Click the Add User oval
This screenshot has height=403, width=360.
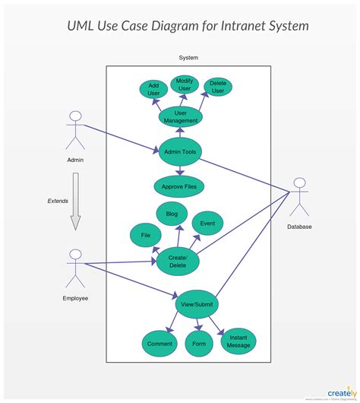[153, 89]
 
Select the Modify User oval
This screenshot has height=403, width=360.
[185, 84]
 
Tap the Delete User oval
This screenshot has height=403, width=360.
[217, 87]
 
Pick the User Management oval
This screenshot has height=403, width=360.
[181, 116]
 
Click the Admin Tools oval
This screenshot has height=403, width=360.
[180, 152]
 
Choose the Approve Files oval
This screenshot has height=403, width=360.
[179, 185]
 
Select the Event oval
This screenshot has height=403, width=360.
[207, 224]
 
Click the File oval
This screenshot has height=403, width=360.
[146, 236]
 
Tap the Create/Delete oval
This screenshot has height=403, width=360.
[178, 262]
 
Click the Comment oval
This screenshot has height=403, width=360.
[159, 344]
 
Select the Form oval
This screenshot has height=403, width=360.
[199, 344]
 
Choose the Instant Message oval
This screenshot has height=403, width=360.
[238, 341]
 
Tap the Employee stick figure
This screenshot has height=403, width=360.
[75, 267]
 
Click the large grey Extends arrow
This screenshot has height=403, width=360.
[75, 201]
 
